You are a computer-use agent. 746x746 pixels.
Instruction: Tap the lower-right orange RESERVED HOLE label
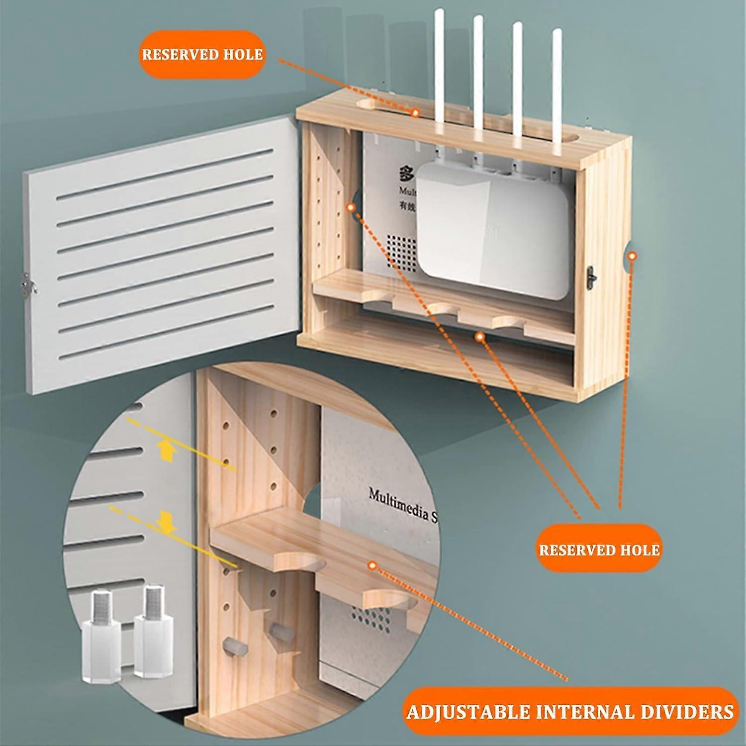599,550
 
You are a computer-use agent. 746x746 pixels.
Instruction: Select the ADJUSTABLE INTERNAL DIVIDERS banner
570,711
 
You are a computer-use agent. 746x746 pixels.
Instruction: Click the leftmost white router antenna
439,65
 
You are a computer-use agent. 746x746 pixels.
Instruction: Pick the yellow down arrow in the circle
166,522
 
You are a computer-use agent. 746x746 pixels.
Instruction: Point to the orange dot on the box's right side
632,256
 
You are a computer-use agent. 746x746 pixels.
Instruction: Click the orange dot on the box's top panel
415,112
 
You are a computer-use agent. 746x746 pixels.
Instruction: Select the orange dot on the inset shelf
372,565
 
